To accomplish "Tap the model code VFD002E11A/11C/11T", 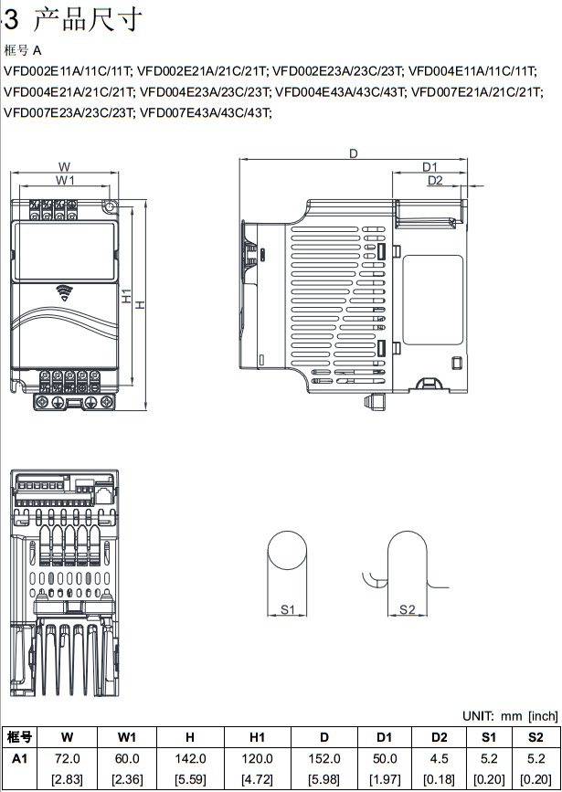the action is tap(69, 70).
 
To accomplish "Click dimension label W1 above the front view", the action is tap(66, 181).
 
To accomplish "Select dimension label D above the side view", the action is tap(353, 153).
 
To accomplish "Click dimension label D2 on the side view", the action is tap(435, 181).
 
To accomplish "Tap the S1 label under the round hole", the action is tap(287, 609).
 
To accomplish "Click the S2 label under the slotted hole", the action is tap(408, 609).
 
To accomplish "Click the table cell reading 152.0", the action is tap(324, 758).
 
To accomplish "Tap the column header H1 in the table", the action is tap(257, 737).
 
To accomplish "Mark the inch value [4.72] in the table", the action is tap(257, 778).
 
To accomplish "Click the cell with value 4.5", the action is tap(440, 758).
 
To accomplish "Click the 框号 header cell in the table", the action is tap(20, 737).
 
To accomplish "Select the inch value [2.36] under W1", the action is tap(127, 778).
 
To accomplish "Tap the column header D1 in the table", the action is tap(385, 737).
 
